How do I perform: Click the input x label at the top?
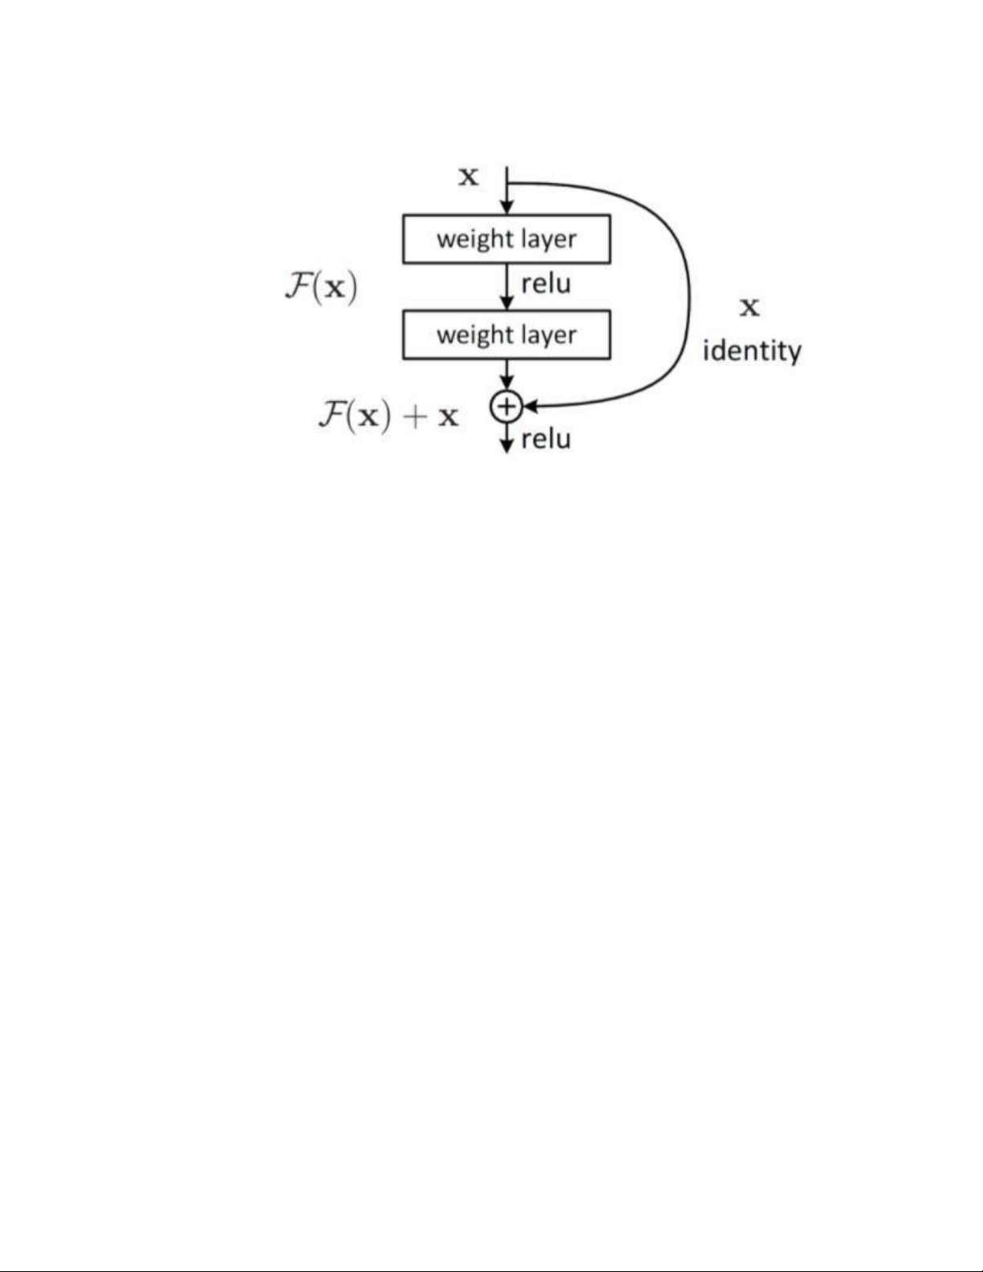tap(468, 176)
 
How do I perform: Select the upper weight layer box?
tap(506, 238)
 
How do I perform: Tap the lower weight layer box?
tap(506, 334)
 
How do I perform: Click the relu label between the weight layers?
tap(546, 283)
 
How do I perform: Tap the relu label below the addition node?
tap(546, 439)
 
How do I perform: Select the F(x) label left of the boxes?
tap(321, 287)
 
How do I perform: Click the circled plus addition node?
tap(506, 407)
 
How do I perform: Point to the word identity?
tap(752, 352)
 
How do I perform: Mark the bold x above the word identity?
tap(749, 307)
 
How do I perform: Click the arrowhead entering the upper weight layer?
tap(506, 209)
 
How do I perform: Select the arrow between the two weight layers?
tap(506, 287)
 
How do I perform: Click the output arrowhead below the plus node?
tap(506, 446)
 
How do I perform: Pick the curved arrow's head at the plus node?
tap(529, 407)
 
